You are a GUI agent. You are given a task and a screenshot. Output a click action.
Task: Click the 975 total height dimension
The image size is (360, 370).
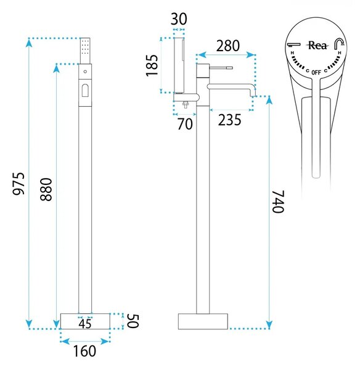(x=18, y=184)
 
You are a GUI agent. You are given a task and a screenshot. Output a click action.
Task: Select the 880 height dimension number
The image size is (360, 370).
(x=46, y=189)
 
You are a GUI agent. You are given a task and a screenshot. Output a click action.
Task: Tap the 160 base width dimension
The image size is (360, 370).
(x=84, y=351)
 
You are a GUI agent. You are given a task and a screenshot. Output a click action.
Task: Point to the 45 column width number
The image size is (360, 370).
(x=85, y=324)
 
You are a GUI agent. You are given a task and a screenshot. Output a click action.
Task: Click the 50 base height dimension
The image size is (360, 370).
(x=133, y=321)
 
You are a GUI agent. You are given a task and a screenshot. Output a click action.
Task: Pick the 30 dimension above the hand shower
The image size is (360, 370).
(x=179, y=19)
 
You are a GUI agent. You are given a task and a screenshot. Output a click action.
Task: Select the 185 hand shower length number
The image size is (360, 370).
(x=152, y=65)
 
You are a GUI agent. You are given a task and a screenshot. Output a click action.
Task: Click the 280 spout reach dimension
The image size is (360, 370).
(x=228, y=46)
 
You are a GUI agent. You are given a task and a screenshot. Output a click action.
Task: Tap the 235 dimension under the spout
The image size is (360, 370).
(x=229, y=120)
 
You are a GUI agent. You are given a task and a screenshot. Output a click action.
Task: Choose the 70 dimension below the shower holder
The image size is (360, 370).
(x=185, y=124)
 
